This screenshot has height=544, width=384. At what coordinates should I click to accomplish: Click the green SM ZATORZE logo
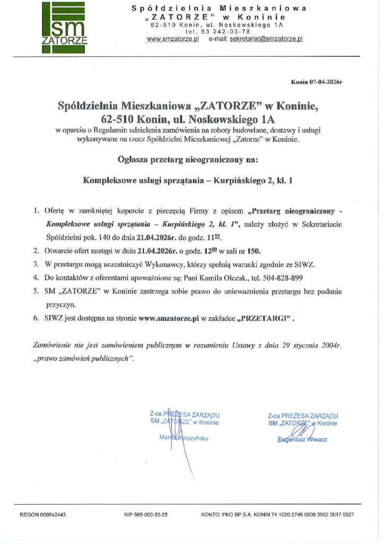click(x=63, y=27)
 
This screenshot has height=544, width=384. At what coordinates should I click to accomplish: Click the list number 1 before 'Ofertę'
click(x=35, y=211)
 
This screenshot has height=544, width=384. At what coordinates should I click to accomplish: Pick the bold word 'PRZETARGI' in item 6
click(x=265, y=319)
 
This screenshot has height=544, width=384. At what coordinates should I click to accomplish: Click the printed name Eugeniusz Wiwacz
click(x=302, y=439)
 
